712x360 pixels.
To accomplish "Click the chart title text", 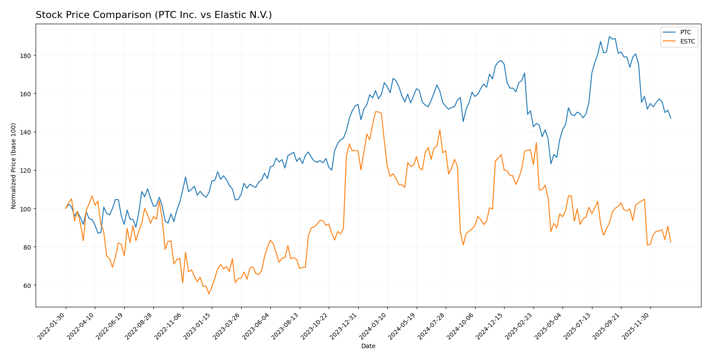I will (x=153, y=15).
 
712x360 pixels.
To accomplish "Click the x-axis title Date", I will (x=368, y=346).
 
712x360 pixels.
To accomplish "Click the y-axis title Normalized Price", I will (x=14, y=166).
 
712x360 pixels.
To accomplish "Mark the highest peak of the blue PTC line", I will (x=609, y=37).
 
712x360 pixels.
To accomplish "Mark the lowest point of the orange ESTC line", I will (x=209, y=294).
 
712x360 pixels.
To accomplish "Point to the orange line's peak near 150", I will (x=376, y=112).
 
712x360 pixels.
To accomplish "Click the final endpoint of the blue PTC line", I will (x=670, y=118).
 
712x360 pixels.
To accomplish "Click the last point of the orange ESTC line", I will (x=670, y=242).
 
